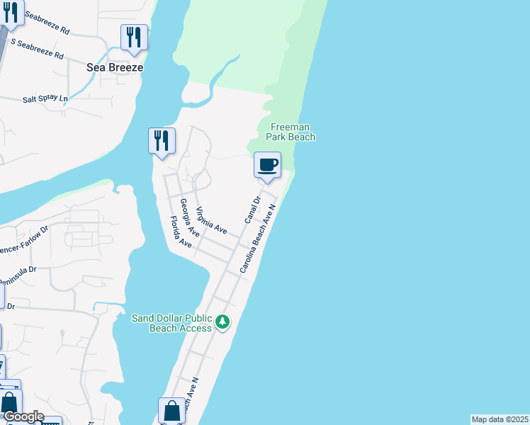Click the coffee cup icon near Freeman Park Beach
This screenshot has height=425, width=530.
point(267,165)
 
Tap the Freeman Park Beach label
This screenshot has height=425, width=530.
point(291,132)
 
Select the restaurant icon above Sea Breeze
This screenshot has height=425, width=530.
point(134,37)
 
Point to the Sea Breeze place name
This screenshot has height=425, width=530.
point(115,67)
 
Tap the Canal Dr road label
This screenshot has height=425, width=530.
point(252,210)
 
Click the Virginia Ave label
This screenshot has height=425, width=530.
point(211,220)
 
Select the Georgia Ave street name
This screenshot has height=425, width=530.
point(189,217)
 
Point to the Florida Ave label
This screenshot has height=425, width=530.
point(181,233)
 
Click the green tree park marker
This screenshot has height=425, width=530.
point(222,322)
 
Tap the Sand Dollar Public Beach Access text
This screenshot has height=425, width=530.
point(172,322)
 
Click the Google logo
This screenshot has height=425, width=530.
point(23,416)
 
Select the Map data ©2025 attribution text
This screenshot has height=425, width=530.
point(500,419)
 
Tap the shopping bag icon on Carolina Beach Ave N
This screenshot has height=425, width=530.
point(171,410)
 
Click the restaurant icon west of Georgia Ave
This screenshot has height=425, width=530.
point(162,140)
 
